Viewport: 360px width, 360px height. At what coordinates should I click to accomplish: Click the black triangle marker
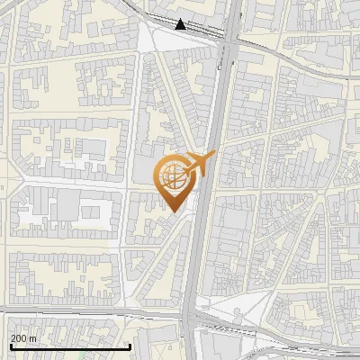click(x=181, y=24)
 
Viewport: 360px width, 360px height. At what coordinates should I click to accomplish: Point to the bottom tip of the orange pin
click(x=173, y=211)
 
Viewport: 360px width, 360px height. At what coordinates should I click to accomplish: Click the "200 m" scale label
click(x=23, y=338)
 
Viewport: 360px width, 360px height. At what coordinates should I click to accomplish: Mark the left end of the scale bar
click(x=10, y=346)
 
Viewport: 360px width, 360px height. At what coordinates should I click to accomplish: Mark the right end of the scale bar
click(x=131, y=346)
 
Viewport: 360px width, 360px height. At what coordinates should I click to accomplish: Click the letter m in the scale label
click(x=33, y=338)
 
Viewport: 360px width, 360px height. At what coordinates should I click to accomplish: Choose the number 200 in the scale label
click(x=19, y=338)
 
